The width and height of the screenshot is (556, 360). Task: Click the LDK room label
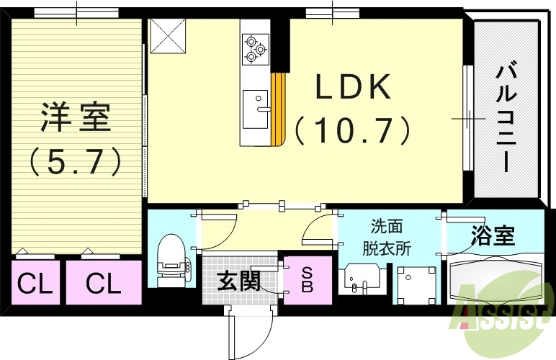tap(353, 89)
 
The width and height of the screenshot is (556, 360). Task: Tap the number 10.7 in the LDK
tap(353, 130)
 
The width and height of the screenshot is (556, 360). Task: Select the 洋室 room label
tap(75, 117)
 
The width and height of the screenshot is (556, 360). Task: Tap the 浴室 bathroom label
tap(493, 236)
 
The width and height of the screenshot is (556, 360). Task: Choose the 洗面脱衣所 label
tap(386, 238)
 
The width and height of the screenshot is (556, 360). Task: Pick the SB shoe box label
tap(307, 280)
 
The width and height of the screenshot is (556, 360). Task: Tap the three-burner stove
tap(255, 48)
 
